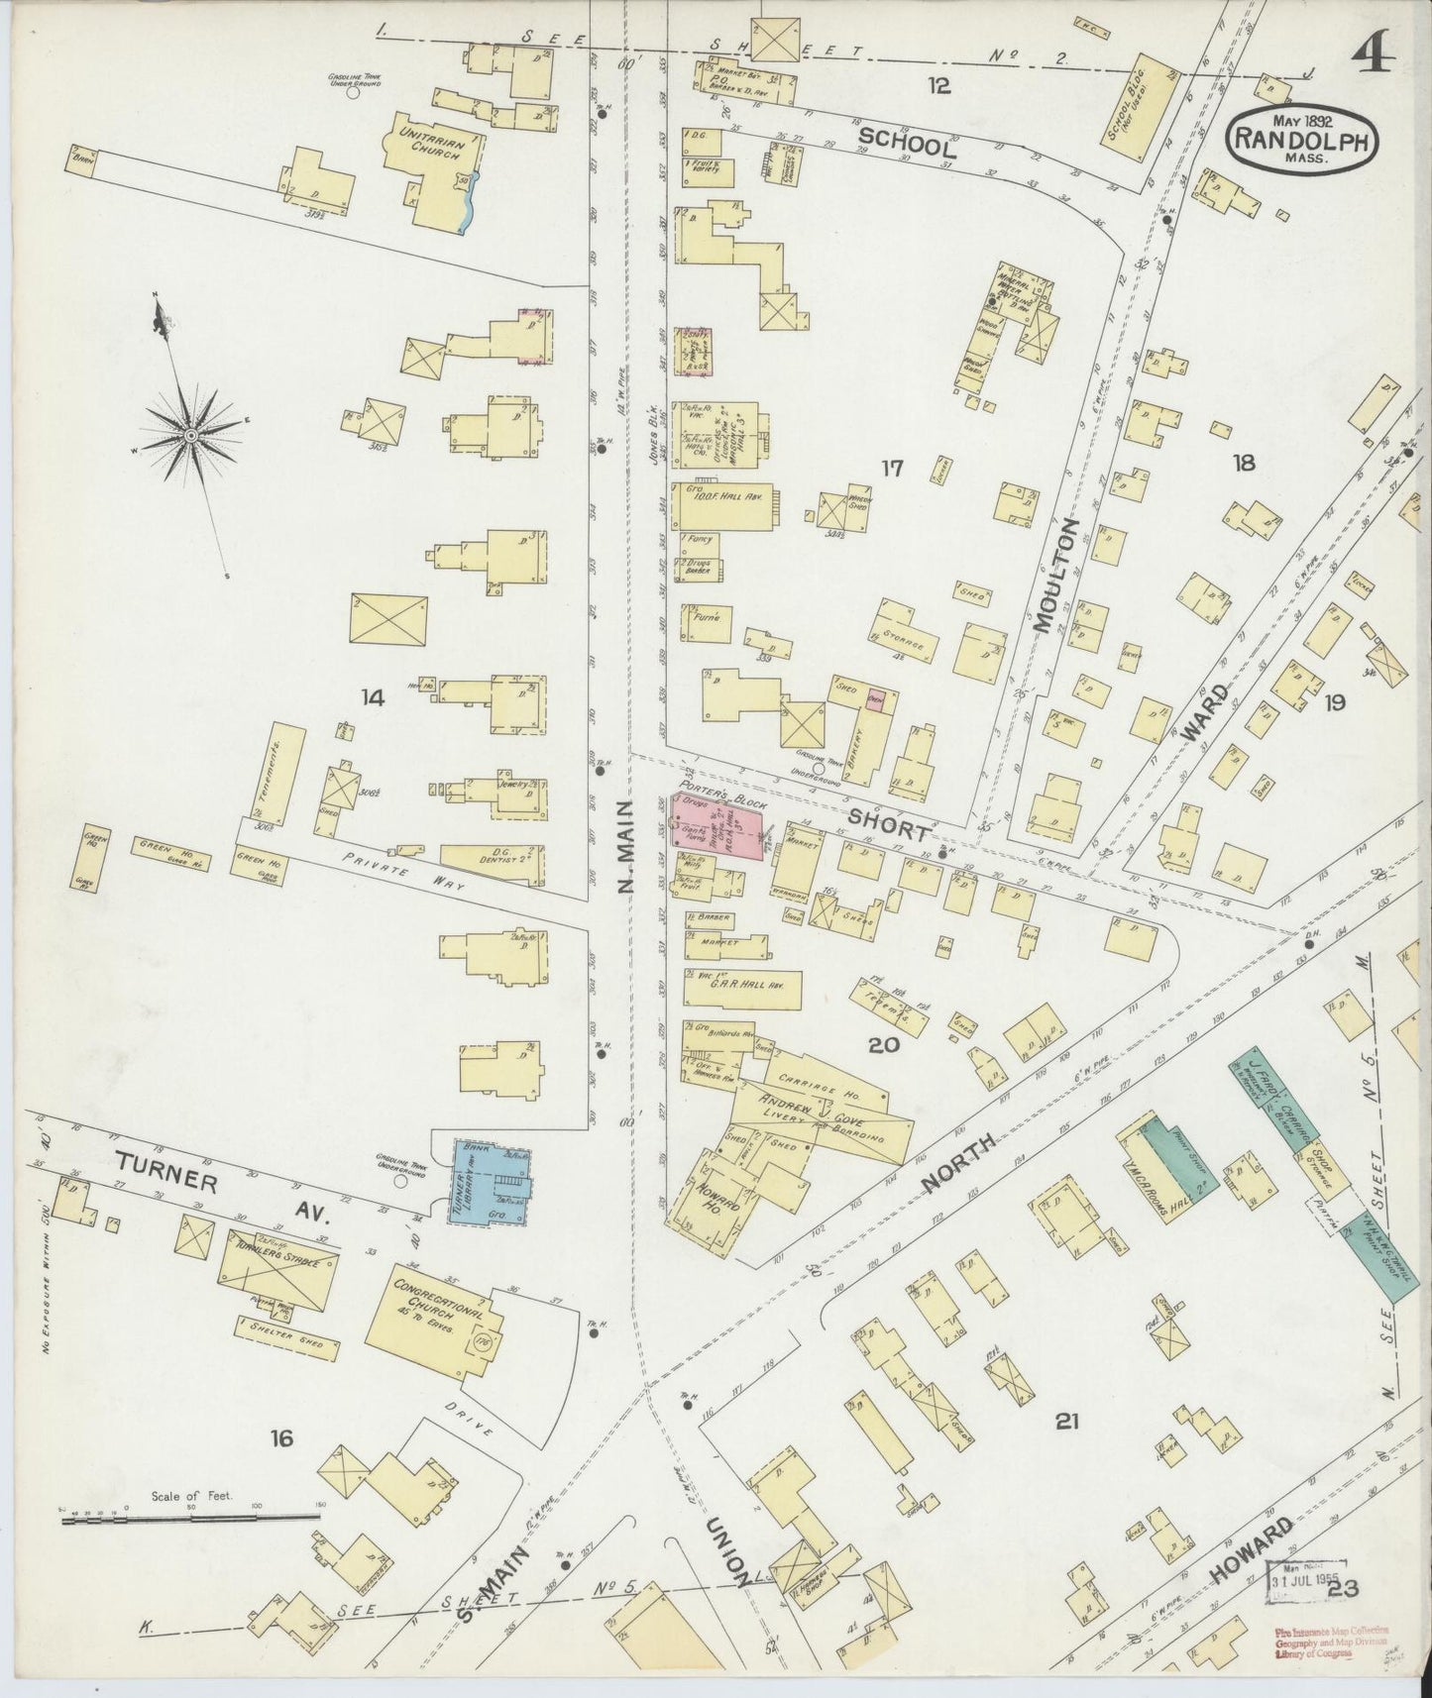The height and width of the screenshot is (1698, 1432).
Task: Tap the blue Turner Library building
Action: tap(492, 1183)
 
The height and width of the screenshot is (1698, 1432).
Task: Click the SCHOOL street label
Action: tap(907, 144)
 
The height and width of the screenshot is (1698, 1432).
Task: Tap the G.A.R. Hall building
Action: tap(741, 989)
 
